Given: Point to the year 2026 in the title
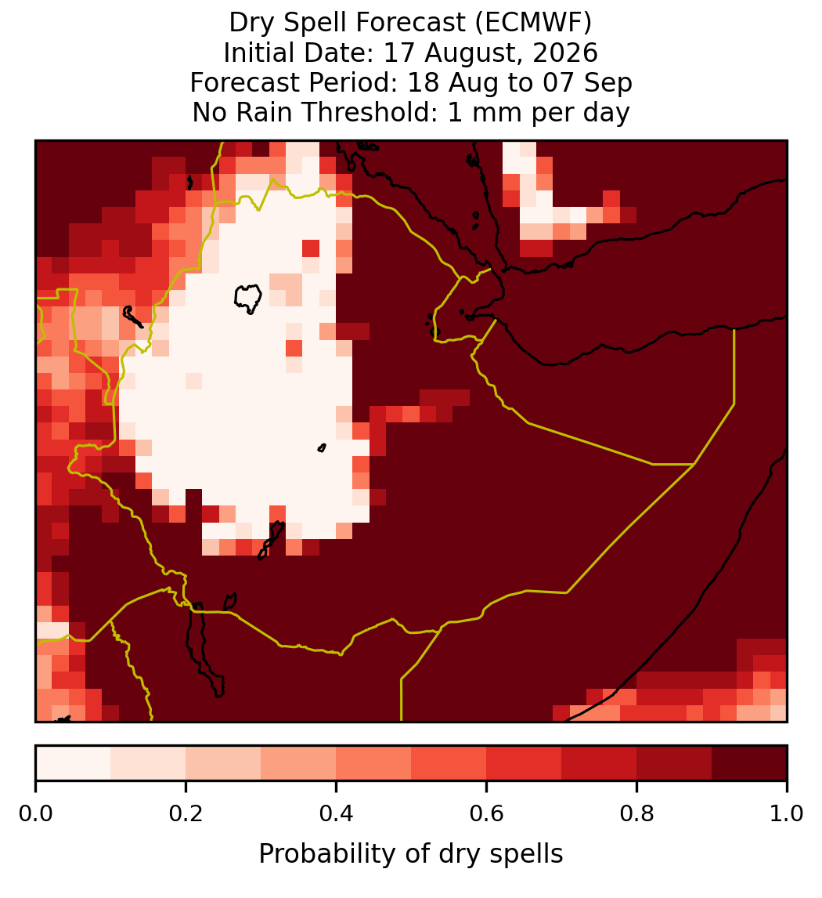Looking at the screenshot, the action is coord(565,53).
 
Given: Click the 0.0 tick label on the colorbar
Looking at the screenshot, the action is coord(35,814).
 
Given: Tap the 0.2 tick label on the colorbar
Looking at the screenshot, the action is coord(186,814).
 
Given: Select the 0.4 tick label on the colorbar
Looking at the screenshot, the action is coord(337,814).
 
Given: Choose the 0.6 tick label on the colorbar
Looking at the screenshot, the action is coord(486,814).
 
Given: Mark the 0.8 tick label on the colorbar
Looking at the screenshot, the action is coord(636,814).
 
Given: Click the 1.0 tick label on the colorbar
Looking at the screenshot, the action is coord(787,814).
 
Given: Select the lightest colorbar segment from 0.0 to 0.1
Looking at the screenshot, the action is coord(74,763).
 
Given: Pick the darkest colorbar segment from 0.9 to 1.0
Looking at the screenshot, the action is coord(749,763).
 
